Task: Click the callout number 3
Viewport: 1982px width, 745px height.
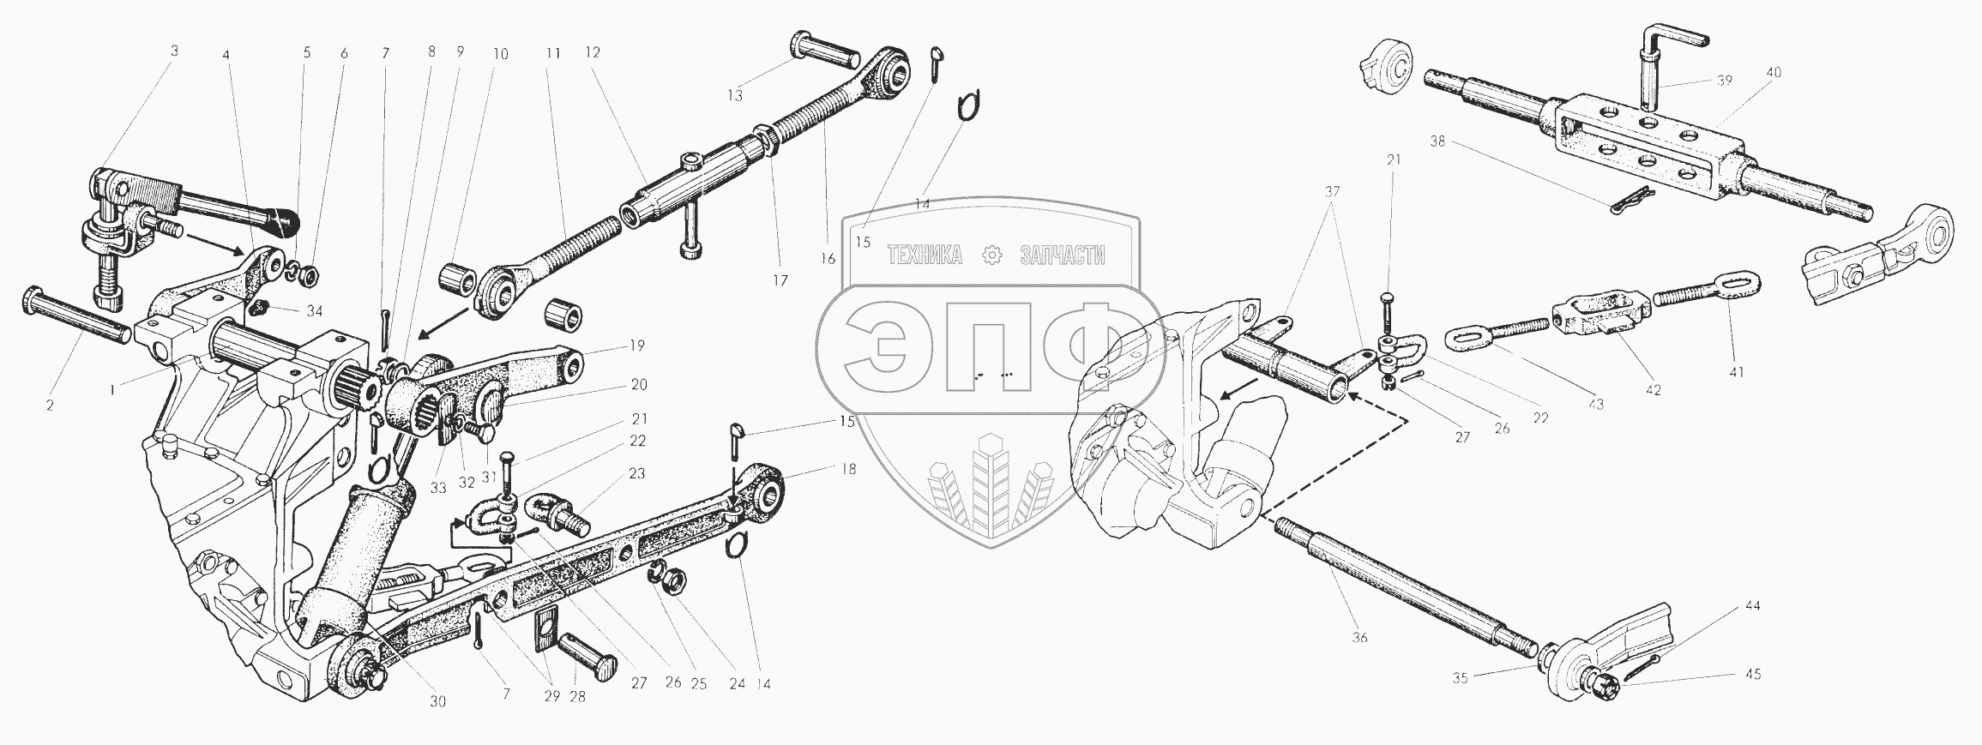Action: coord(174,51)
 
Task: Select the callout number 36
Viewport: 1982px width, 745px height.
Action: coord(1359,637)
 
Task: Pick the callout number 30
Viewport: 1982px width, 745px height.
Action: coord(437,700)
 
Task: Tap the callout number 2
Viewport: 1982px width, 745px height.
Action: coord(50,405)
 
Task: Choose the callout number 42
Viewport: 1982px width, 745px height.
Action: coord(1653,390)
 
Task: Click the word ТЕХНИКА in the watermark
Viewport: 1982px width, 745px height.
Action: coord(925,255)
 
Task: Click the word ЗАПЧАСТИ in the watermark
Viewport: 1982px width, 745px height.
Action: coord(1063,255)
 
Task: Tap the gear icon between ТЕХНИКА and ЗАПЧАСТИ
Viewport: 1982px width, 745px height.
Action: coord(993,255)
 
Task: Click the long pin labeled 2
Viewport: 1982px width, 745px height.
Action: coord(77,318)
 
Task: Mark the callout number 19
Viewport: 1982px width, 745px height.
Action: coord(636,345)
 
